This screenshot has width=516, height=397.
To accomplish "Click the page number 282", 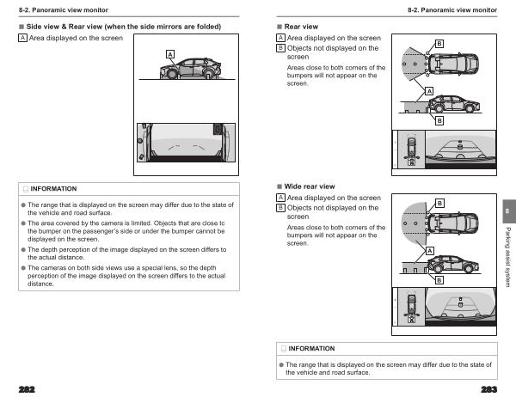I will point(16,388).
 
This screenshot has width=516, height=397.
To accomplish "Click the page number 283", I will point(491,388).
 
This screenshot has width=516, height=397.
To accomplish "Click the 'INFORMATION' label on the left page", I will point(53,188).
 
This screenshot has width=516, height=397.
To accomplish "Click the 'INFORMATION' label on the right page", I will point(311,348).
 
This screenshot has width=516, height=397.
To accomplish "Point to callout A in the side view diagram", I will point(170,54).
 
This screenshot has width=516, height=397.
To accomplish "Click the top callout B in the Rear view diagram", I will point(439,44).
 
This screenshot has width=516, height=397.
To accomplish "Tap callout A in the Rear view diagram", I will point(428,89).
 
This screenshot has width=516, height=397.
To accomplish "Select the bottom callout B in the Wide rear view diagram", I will point(439,280).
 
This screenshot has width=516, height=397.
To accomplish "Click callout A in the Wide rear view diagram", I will point(428,249).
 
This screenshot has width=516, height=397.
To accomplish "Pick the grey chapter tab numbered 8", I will point(507,211).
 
